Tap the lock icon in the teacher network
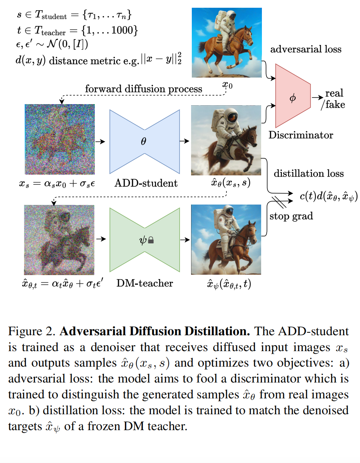151,240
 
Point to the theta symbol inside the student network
143,141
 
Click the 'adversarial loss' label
306,49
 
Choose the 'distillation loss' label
308,174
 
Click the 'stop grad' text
291,216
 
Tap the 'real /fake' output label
333,99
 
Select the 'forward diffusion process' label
143,89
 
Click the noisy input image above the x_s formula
60,139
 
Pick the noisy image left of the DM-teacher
59,240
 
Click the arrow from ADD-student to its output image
184,141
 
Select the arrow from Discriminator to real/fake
317,97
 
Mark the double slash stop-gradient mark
279,202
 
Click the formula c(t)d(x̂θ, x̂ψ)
328,196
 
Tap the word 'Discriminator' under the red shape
301,135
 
